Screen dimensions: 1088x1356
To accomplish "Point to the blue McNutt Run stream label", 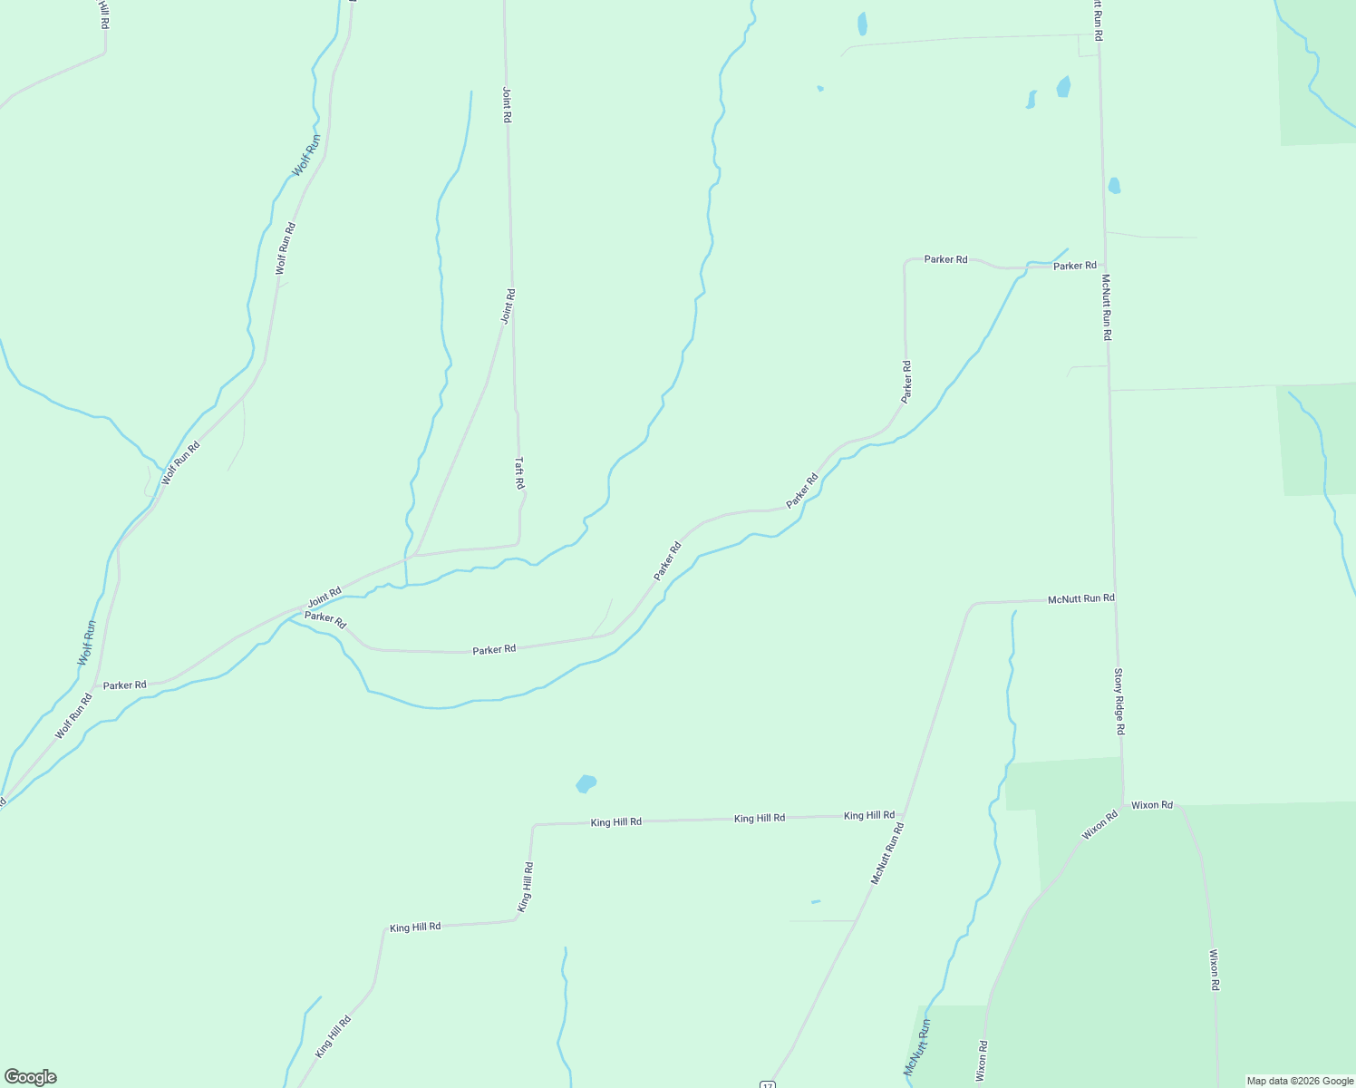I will (x=916, y=1047).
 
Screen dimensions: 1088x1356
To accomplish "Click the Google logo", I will (x=31, y=1077).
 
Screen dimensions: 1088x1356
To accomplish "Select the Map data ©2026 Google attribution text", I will (x=1300, y=1081).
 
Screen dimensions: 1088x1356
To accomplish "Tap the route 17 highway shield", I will (x=767, y=1083).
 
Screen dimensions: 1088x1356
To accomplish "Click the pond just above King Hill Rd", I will (x=586, y=783).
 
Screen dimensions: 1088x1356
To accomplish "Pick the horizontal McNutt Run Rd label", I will (x=1080, y=599).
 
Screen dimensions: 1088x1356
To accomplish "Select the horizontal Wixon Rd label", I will (x=1152, y=805).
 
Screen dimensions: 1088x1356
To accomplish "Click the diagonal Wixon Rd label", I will (x=1099, y=825).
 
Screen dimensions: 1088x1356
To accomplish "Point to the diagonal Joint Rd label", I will (x=324, y=597).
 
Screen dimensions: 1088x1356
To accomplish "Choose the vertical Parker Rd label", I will (x=906, y=382).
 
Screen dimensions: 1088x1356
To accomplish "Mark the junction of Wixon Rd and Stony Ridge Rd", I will (x=1124, y=804).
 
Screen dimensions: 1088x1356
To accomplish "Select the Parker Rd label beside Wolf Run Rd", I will (x=124, y=685).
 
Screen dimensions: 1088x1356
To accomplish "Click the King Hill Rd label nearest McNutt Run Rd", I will (x=868, y=815).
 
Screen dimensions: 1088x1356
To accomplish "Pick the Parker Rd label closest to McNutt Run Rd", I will (x=1074, y=266).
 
